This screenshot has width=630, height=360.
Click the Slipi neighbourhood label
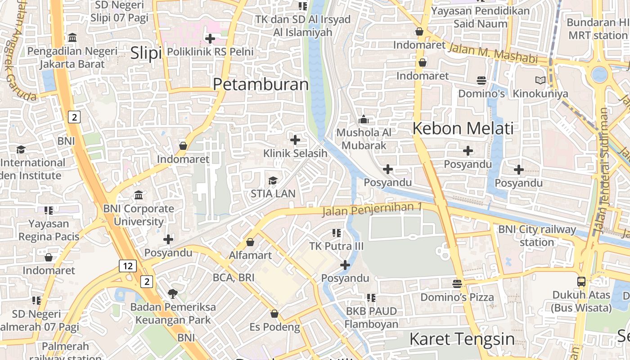click(x=146, y=53)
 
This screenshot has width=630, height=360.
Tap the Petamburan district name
click(x=261, y=84)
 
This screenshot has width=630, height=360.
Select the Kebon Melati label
click(x=463, y=128)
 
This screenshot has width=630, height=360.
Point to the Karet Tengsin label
click(x=462, y=338)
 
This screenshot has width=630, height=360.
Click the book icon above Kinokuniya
click(x=540, y=81)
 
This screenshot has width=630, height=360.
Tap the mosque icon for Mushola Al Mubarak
click(x=363, y=120)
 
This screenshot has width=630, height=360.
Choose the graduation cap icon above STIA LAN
click(x=273, y=181)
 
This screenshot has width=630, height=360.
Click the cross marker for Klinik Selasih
click(x=295, y=140)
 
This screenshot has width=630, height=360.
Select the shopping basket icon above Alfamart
click(x=250, y=242)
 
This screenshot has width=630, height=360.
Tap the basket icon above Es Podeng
click(x=274, y=314)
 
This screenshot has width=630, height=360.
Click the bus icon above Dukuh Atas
click(x=581, y=282)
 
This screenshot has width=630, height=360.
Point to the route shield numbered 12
click(x=128, y=265)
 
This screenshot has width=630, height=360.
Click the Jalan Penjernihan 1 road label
click(x=373, y=209)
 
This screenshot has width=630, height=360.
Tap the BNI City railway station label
click(x=537, y=236)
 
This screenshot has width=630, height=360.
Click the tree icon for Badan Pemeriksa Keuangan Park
click(x=172, y=294)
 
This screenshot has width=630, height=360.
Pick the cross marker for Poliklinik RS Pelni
click(x=210, y=39)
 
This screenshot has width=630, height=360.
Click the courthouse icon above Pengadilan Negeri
click(x=72, y=37)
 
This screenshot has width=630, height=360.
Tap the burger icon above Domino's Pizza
click(x=457, y=284)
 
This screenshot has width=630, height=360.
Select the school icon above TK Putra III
click(x=336, y=233)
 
